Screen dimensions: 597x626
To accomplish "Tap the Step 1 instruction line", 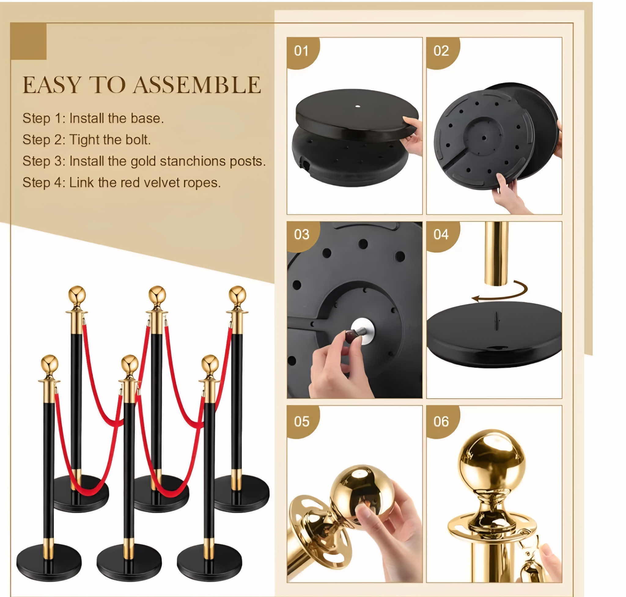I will [93, 118].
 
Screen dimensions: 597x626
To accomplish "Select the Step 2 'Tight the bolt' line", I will [87, 140].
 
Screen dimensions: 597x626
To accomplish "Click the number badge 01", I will [301, 51].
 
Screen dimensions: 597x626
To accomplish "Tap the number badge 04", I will [440, 234].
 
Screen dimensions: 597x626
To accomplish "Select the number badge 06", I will [440, 421].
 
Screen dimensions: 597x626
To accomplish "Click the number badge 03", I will [301, 234].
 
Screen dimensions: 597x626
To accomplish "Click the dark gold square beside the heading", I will [29, 41].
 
